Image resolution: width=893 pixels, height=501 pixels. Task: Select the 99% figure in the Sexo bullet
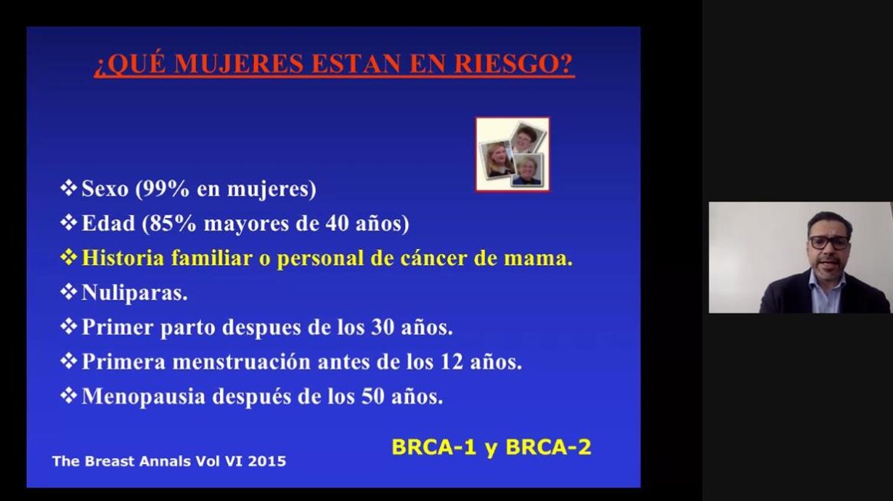166,189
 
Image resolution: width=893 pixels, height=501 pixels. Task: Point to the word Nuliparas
135,293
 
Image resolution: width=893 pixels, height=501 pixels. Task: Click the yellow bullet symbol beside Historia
69,257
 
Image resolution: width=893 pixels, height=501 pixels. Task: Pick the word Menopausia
143,397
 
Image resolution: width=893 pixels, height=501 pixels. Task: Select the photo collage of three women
513,154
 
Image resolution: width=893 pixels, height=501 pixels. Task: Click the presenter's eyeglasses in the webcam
829,242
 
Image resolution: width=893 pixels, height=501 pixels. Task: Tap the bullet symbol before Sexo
69,187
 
